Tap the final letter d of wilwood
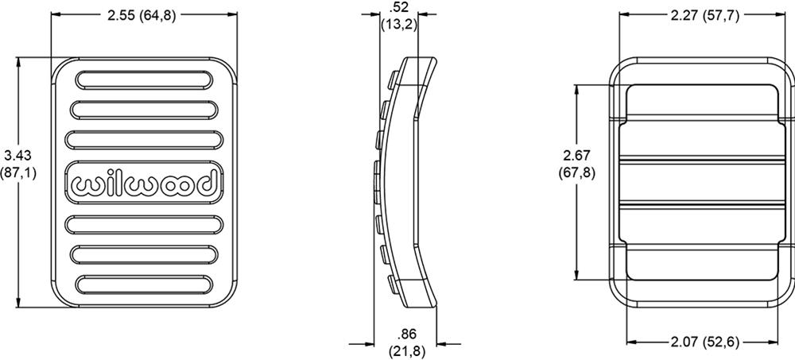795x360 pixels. point(204,183)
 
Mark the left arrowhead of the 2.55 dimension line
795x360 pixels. point(53,14)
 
